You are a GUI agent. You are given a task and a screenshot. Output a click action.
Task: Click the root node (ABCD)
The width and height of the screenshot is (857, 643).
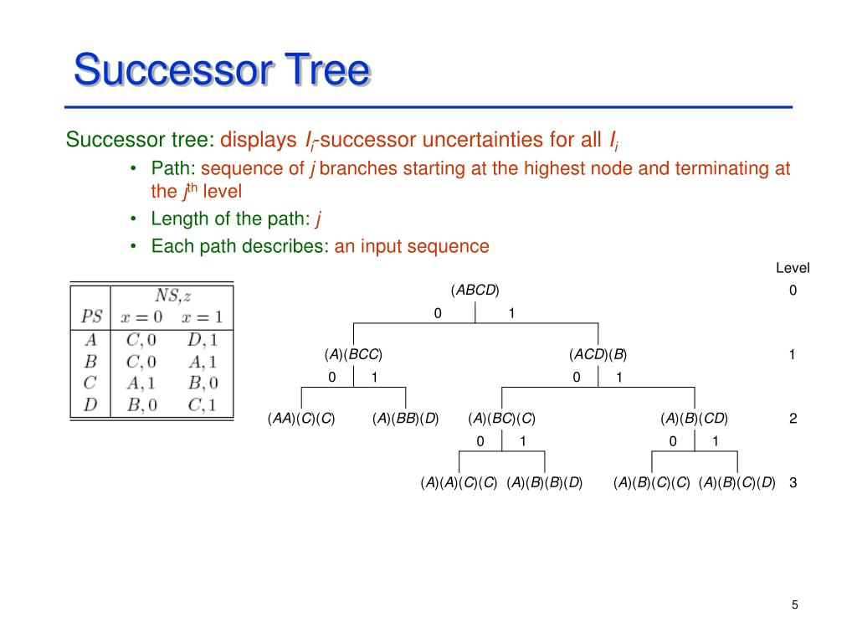[x=475, y=291]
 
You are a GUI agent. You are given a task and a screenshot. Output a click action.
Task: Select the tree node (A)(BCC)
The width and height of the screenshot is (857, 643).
[x=353, y=354]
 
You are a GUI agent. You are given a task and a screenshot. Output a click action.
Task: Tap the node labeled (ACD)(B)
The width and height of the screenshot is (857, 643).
[x=598, y=354]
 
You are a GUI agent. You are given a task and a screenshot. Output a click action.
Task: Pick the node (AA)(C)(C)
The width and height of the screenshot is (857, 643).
[x=301, y=419]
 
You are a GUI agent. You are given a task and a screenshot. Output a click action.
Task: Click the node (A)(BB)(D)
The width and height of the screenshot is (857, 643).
[x=406, y=419]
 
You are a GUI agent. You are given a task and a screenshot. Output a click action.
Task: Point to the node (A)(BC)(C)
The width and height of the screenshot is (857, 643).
[x=501, y=419]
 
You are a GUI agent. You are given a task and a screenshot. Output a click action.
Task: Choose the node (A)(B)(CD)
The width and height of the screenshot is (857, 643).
[x=694, y=419]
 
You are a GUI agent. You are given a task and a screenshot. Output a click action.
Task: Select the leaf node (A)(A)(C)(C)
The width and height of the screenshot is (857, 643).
[x=459, y=482]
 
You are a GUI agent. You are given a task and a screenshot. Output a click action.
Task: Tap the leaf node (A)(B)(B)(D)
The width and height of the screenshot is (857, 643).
[x=545, y=482]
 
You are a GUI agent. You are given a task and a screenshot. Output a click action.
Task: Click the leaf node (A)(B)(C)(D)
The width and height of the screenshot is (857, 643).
[x=737, y=482]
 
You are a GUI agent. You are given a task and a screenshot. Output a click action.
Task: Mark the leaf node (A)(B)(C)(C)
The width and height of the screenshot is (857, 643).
[x=651, y=482]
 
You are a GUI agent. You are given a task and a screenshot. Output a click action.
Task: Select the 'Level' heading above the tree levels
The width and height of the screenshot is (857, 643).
[x=793, y=269]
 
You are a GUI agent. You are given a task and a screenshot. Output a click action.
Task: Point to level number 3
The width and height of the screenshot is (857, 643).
[x=793, y=482]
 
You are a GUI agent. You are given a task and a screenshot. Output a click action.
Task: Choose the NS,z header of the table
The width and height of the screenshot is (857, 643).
[x=173, y=296]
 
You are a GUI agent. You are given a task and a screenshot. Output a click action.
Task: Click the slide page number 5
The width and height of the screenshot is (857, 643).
[x=794, y=605]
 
